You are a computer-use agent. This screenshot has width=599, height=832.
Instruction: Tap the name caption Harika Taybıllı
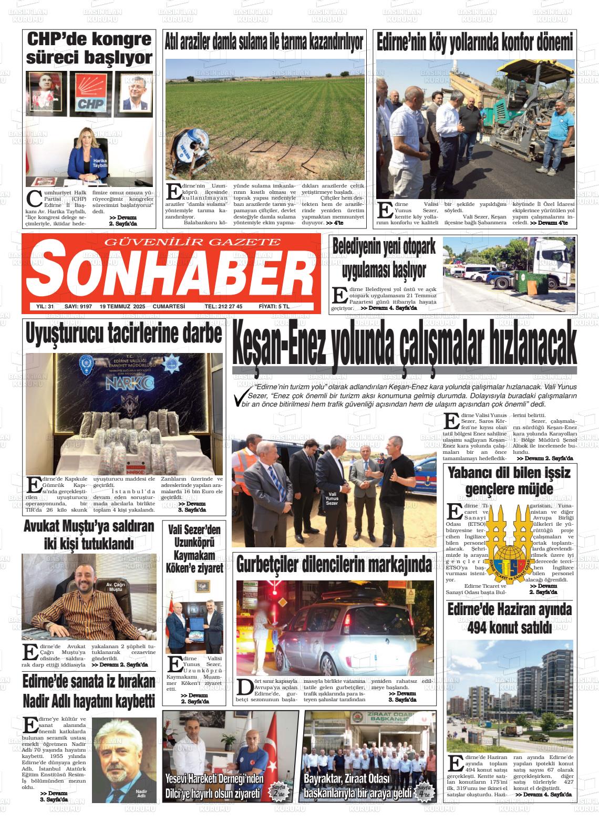100,164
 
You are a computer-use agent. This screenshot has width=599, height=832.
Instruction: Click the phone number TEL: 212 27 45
223,306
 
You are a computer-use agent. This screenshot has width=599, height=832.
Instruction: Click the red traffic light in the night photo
274,591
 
